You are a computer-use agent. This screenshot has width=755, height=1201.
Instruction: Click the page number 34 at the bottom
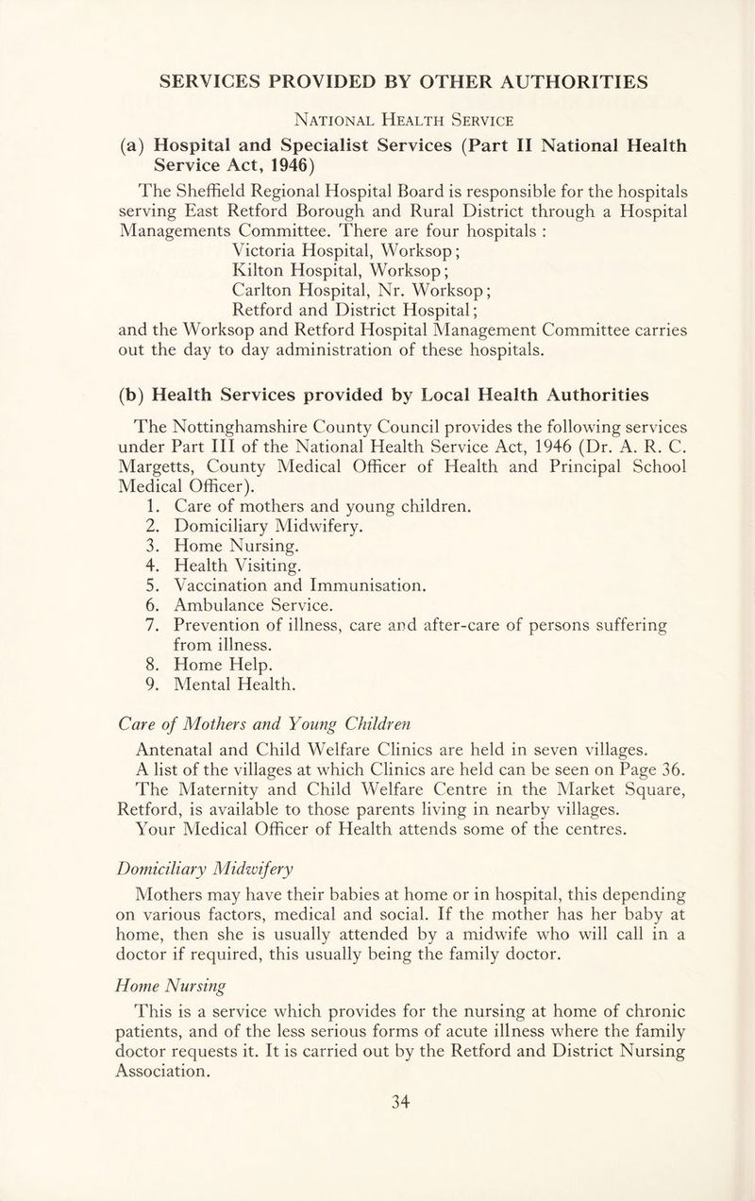coord(378,1153)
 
